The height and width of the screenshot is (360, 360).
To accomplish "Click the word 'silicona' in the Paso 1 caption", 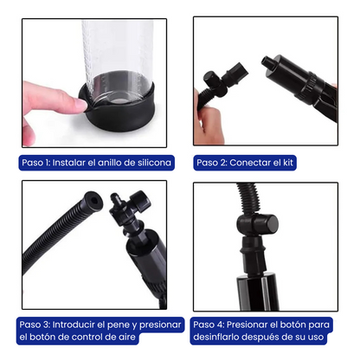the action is click(154, 163).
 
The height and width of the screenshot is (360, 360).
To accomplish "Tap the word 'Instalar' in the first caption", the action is click(69, 163).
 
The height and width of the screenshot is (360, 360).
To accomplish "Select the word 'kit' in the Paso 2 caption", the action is click(287, 163).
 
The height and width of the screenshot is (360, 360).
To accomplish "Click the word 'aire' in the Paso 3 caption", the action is click(126, 337).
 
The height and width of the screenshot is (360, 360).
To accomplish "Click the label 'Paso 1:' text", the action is click(36, 163).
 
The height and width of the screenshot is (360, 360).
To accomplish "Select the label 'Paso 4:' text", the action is click(209, 325).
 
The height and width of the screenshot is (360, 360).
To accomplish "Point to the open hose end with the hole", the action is click(93, 200).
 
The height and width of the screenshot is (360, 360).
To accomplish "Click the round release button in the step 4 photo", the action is click(271, 224).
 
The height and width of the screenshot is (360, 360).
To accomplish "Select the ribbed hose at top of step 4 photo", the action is click(248, 198).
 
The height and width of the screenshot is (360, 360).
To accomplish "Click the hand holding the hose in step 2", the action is click(207, 121).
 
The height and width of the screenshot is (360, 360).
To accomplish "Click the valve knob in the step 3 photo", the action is click(141, 201).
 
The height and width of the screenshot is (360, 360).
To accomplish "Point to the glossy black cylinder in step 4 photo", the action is click(257, 292).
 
